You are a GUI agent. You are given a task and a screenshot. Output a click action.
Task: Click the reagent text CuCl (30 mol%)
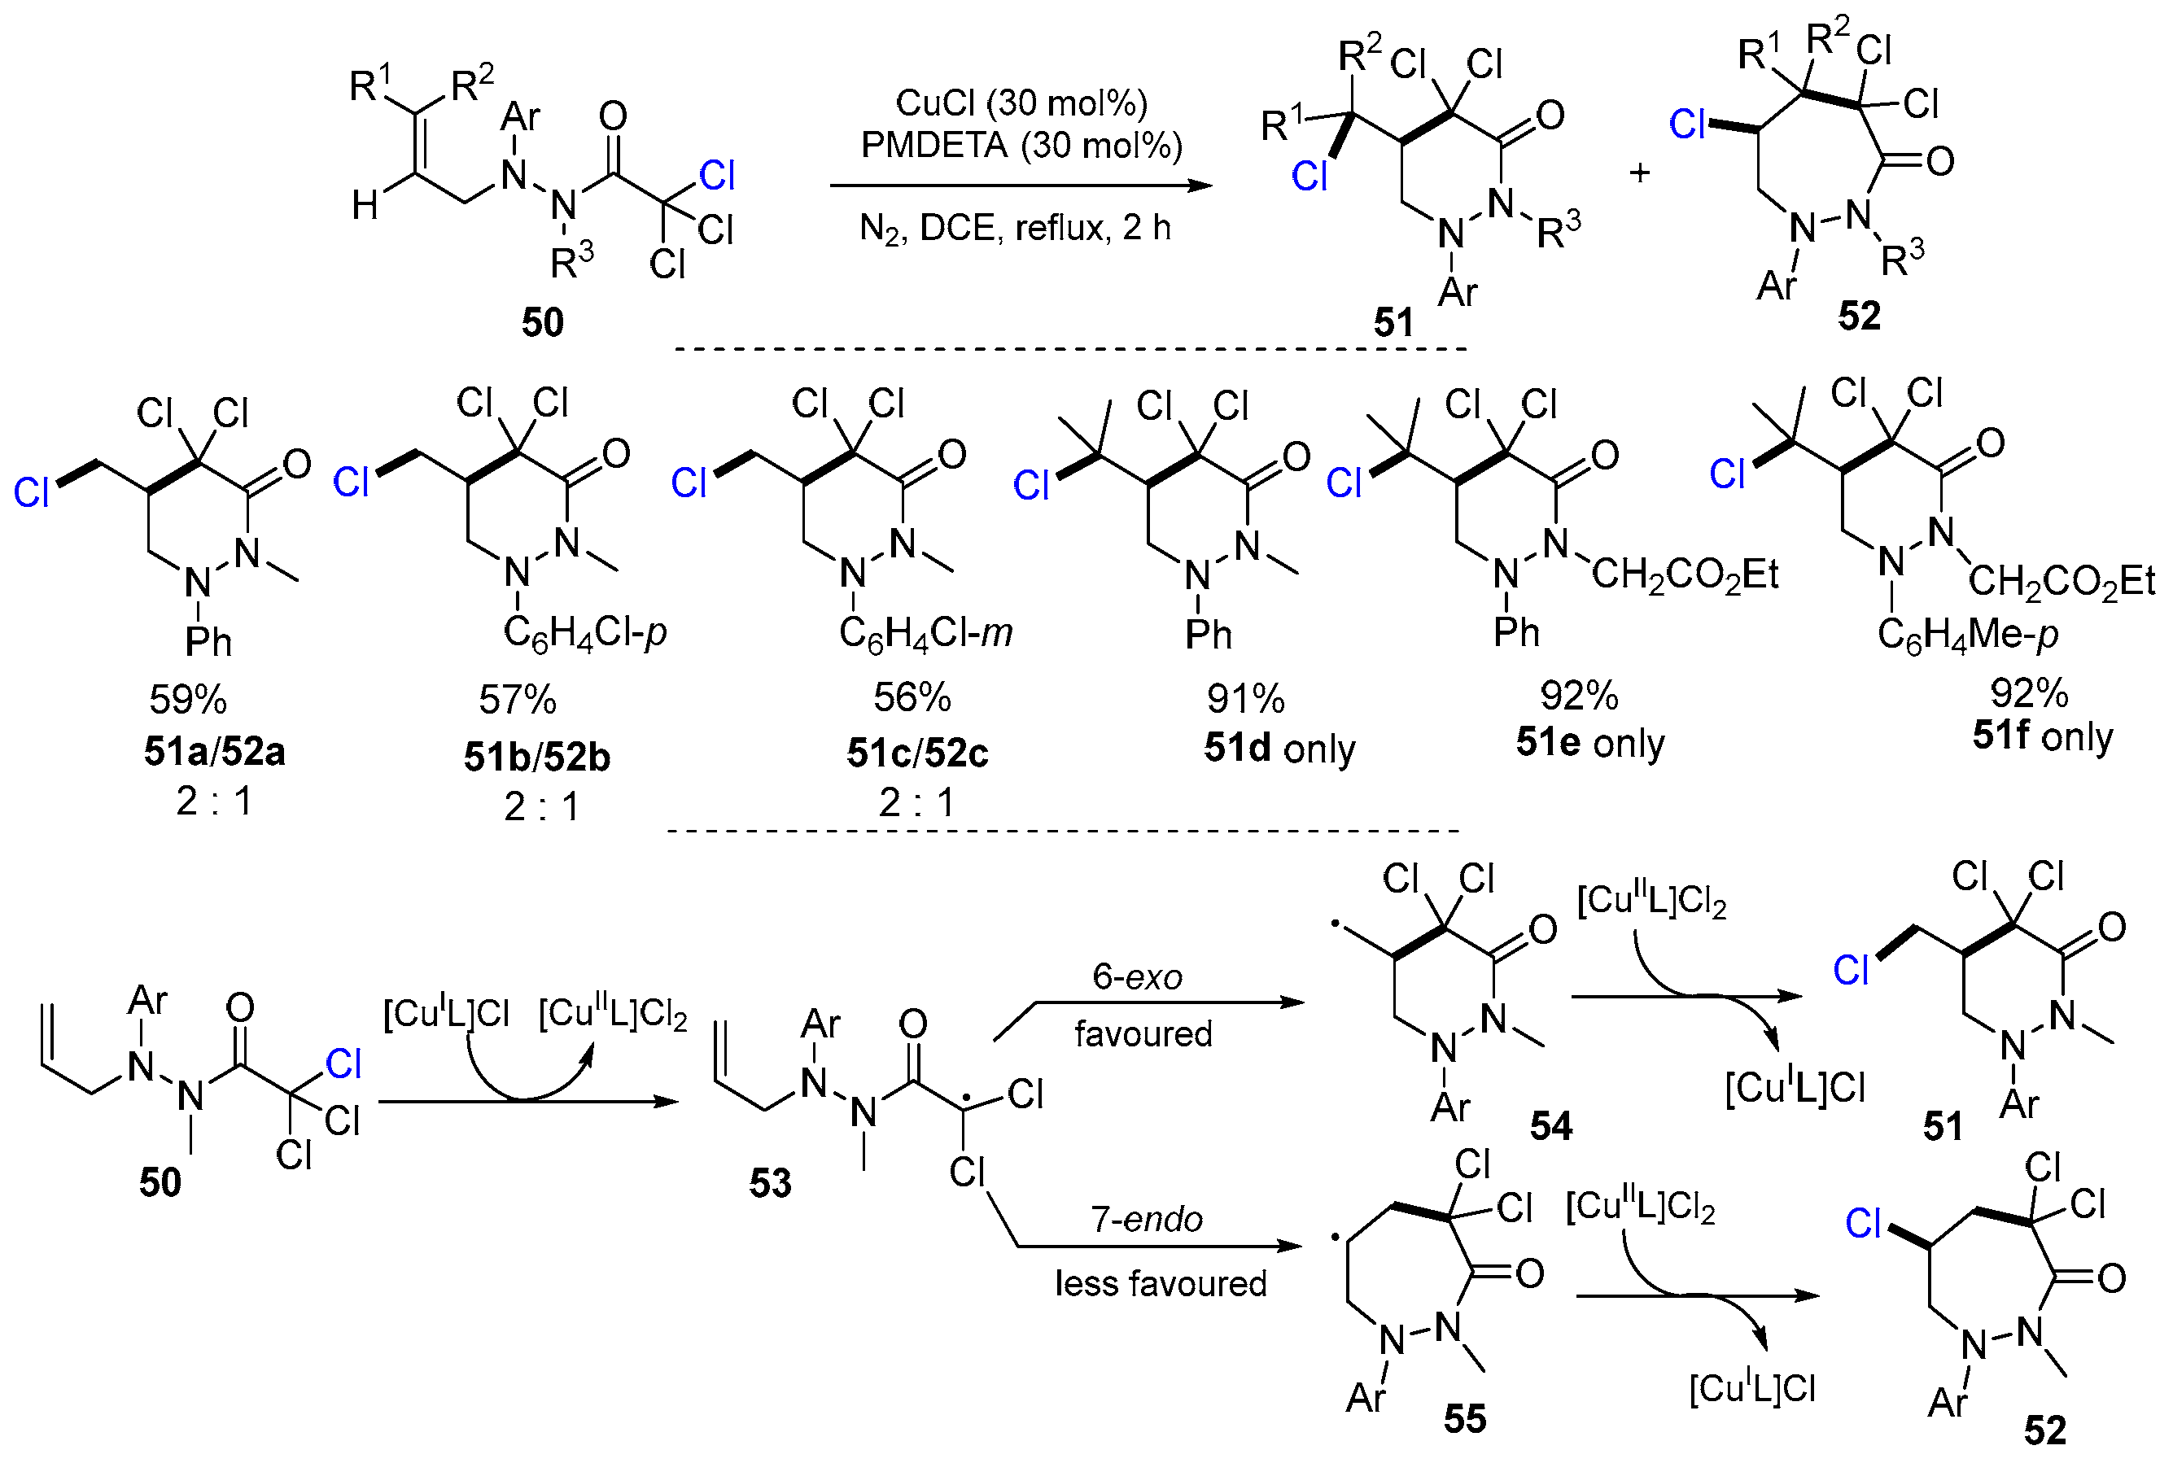coord(1021,103)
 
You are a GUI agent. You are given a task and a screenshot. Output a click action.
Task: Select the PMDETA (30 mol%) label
coord(1021,145)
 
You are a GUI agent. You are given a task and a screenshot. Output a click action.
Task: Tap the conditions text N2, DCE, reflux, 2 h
coord(1014,228)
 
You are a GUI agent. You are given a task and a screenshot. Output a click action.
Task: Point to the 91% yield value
coord(1244,698)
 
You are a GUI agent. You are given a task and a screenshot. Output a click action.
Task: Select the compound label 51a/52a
coord(214,751)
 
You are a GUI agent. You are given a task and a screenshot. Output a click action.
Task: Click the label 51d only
coord(1279,749)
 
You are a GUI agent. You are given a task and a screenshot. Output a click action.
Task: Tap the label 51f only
coord(2041,736)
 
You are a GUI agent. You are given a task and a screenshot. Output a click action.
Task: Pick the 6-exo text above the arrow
coord(1136,977)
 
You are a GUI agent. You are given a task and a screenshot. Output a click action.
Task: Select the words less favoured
coord(1160,1284)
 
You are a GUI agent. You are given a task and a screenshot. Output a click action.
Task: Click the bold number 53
coord(770,1183)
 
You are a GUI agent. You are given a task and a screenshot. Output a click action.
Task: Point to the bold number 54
coord(1550,1126)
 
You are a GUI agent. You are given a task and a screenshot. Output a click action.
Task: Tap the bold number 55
coord(1464,1419)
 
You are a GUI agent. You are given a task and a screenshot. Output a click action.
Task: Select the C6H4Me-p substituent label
coord(1967,635)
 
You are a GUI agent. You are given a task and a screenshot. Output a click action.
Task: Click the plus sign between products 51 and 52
coord(1639,173)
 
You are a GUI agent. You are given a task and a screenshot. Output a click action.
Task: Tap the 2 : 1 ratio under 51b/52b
coord(541,806)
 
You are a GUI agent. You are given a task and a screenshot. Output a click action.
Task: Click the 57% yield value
coord(517,699)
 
